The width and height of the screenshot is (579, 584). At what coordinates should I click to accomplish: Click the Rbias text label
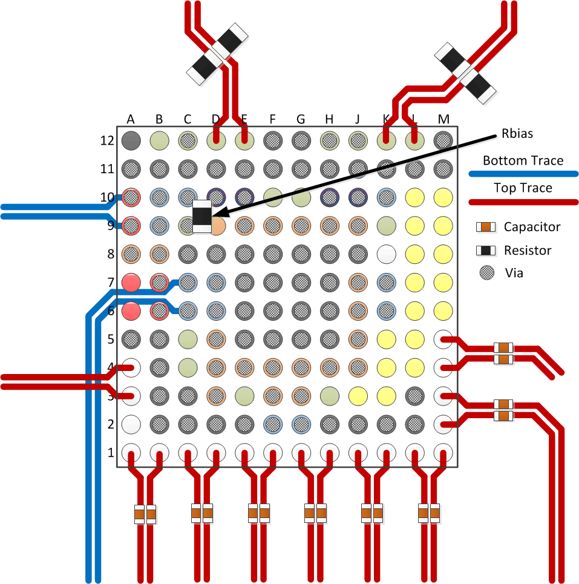[x=517, y=134]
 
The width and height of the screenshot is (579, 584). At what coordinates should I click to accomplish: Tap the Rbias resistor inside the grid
[x=202, y=215]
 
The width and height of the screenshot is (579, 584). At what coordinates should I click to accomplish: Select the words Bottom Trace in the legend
[x=523, y=160]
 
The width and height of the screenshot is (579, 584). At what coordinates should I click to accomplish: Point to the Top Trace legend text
[x=523, y=188]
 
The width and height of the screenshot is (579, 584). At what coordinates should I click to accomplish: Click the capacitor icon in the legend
[x=486, y=227]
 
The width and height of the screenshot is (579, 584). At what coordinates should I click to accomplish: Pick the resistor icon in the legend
[x=486, y=250]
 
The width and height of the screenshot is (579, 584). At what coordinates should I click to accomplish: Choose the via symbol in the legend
[x=486, y=273]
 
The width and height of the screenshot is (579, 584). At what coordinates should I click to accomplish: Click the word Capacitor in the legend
[x=532, y=227]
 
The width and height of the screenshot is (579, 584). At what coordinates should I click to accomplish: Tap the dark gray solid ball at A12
[x=131, y=141]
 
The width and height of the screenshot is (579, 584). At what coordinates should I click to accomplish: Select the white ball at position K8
[x=386, y=254]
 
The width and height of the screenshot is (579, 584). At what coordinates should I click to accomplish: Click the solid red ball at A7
[x=131, y=282]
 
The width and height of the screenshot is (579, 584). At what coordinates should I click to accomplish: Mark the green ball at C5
[x=188, y=338]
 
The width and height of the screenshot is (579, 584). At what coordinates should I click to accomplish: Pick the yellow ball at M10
[x=443, y=197]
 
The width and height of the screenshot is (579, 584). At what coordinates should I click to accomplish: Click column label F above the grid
[x=272, y=119]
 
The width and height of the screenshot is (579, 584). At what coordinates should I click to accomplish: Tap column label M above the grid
[x=443, y=119]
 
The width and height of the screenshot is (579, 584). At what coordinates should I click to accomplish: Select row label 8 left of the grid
[x=110, y=254]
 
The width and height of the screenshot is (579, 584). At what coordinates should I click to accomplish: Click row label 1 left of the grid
[x=110, y=453]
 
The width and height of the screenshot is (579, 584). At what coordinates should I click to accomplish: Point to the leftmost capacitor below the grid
[x=140, y=514]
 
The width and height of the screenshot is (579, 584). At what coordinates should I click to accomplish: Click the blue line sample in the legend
[x=523, y=174]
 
